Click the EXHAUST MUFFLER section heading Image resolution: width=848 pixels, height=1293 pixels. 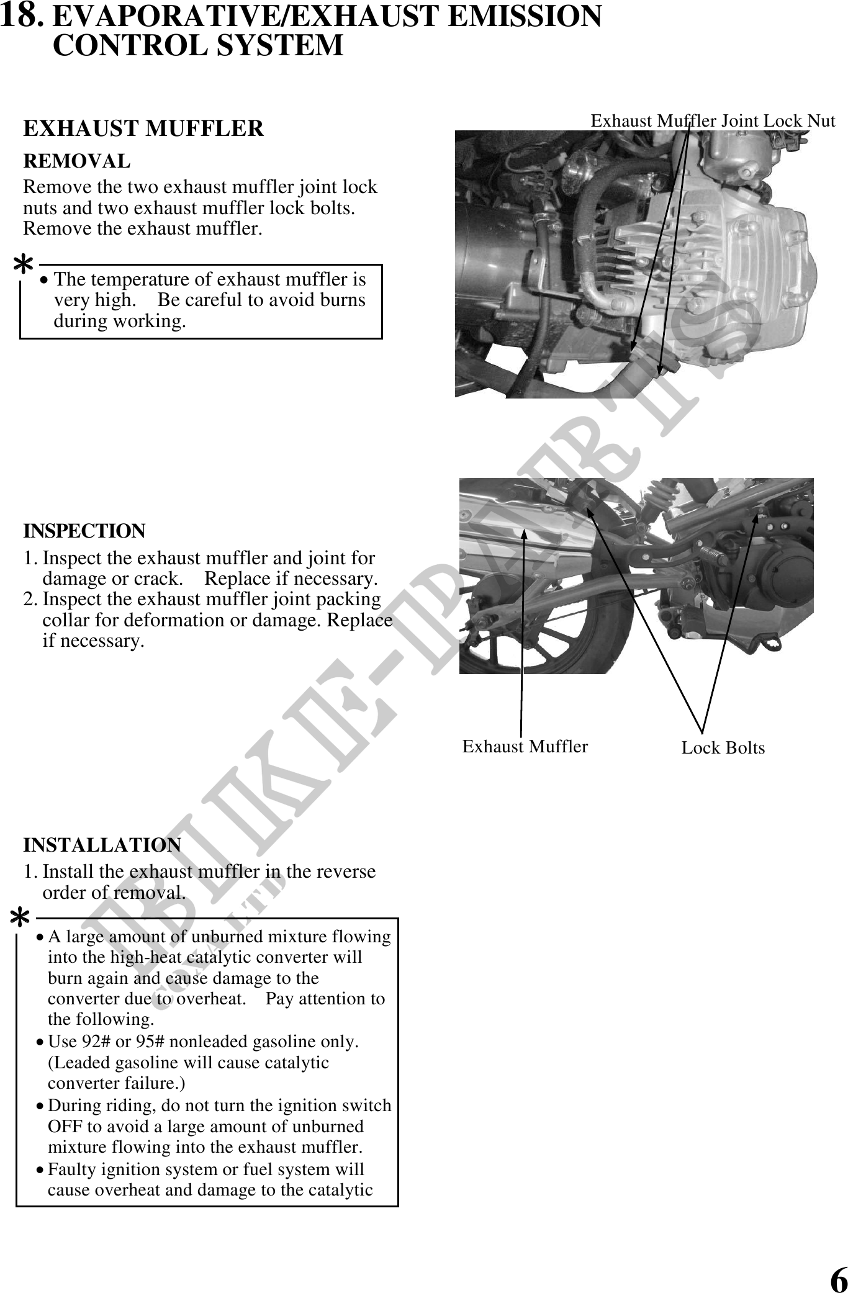tap(143, 128)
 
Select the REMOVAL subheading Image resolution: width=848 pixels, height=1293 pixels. tap(76, 161)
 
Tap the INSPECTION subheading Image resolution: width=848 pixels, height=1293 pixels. tap(84, 531)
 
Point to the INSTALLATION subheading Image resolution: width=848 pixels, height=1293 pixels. tap(102, 845)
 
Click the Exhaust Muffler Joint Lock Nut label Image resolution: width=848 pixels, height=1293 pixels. tap(712, 121)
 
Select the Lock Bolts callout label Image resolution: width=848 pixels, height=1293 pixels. tap(723, 748)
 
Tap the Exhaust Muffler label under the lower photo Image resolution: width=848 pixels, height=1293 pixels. tap(525, 746)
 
